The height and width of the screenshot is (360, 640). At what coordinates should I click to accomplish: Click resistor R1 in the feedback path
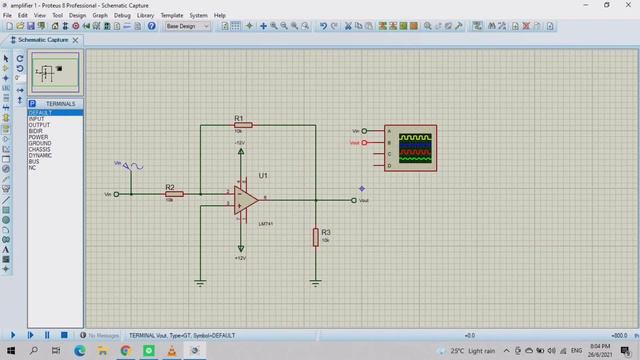[x=243, y=125]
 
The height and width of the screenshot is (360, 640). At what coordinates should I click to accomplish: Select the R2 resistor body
[x=175, y=194]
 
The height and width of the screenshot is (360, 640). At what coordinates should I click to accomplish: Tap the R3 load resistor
[x=315, y=237]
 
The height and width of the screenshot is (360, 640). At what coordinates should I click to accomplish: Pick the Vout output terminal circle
[x=354, y=200]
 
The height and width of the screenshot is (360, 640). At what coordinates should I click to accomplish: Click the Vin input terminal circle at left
[x=117, y=194]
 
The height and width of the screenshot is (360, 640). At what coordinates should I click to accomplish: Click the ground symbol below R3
[x=316, y=283]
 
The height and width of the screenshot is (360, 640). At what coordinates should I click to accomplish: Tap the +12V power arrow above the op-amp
[x=240, y=152]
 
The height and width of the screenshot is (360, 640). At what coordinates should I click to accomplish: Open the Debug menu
[x=122, y=16]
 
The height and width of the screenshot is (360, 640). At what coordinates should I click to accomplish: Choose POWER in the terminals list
[x=37, y=137]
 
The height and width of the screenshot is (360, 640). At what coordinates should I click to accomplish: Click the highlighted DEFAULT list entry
[x=40, y=113]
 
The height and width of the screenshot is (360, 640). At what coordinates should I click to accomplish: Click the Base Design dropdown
[x=187, y=26]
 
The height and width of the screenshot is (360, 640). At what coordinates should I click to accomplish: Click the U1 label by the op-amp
[x=263, y=175]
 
